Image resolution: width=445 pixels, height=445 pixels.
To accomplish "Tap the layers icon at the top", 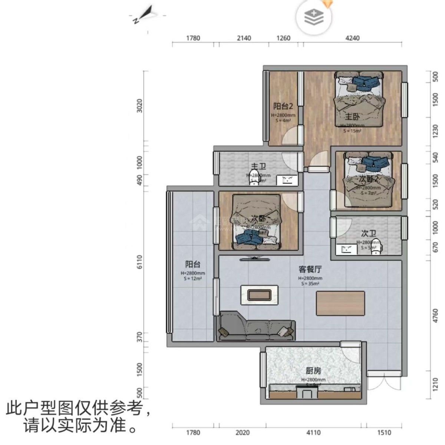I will (x=314, y=17).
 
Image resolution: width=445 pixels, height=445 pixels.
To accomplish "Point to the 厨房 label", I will (x=313, y=370).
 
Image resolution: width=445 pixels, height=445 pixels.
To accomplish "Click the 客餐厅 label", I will (x=310, y=269).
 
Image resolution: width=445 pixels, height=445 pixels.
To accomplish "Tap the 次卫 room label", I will (x=369, y=234).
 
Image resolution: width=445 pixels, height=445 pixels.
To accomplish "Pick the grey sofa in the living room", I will (x=257, y=326).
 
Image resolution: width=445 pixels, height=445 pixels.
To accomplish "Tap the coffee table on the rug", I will (x=259, y=295).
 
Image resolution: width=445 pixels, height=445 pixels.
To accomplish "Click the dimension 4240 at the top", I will (x=352, y=38).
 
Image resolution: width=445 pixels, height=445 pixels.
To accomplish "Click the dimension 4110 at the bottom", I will (x=313, y=432).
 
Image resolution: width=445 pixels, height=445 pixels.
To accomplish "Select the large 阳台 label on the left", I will (x=193, y=264).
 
